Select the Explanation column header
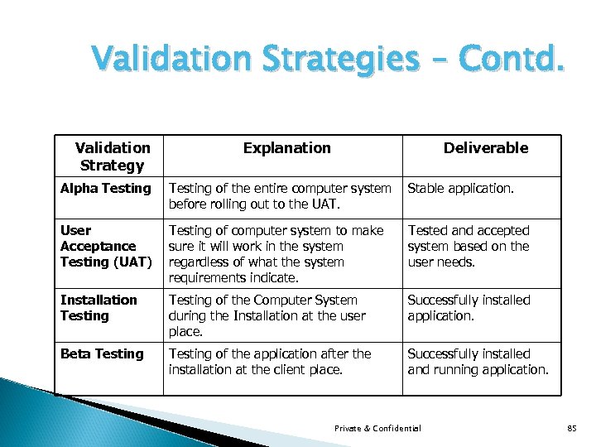click(286, 148)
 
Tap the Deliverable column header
click(485, 148)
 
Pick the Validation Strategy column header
click(113, 156)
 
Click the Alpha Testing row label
click(106, 189)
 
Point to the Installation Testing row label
click(99, 308)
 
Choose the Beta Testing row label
click(102, 354)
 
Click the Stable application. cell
click(460, 189)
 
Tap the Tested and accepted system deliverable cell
click(468, 246)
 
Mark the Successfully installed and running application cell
click(478, 362)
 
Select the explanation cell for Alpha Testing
click(280, 196)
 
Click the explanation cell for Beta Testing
click(270, 362)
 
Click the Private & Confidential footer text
click(377, 428)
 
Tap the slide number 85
click(571, 428)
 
